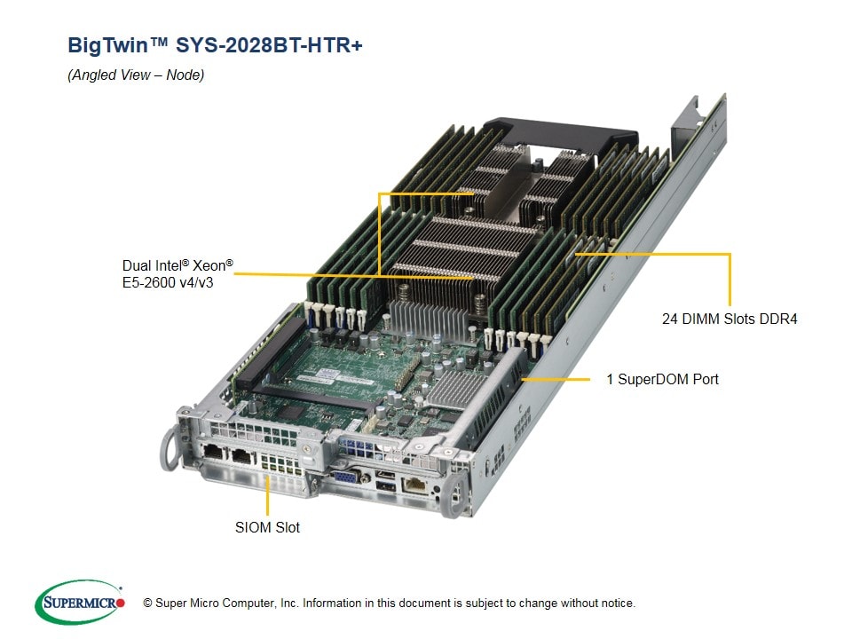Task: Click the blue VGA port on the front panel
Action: coord(344,477)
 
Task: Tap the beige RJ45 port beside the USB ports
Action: coord(415,484)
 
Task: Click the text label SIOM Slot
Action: coord(267,527)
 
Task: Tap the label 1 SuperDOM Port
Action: coord(662,379)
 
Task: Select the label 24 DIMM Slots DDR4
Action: coord(730,319)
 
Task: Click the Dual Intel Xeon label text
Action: coord(177,265)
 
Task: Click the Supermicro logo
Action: coord(80,602)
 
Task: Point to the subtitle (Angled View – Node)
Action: coord(136,75)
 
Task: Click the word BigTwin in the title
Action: coord(107,45)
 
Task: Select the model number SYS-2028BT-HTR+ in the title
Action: coord(269,45)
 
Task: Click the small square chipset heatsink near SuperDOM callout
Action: coord(456,389)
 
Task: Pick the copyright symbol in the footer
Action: coord(147,603)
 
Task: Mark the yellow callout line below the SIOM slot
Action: coord(267,495)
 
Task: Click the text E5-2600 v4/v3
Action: coord(168,283)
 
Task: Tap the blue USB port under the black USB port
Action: coord(386,486)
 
